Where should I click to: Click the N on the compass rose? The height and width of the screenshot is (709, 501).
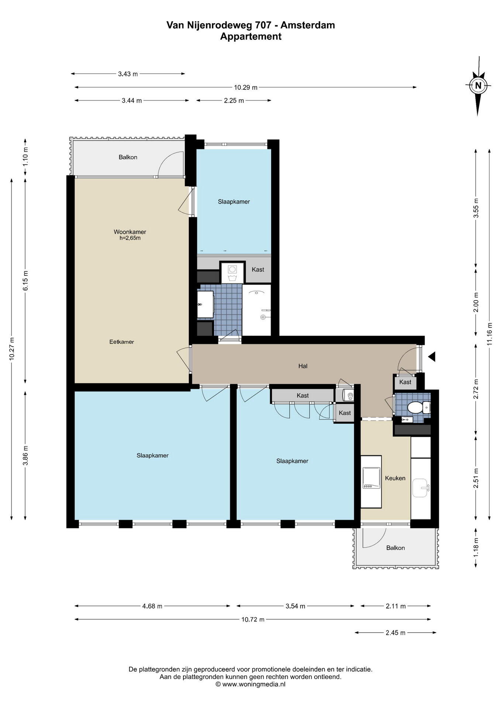(478, 85)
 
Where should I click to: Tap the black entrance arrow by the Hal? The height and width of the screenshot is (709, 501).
(432, 356)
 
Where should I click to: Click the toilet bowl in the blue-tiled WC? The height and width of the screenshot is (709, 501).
(415, 408)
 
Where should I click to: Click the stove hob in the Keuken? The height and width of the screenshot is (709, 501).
(371, 478)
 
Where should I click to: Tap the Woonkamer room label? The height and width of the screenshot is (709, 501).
(130, 232)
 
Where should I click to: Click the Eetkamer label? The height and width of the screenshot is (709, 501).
(122, 342)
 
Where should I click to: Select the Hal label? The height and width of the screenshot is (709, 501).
(303, 366)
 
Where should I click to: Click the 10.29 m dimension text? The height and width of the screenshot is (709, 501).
(246, 88)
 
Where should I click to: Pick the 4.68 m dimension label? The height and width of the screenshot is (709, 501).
(152, 606)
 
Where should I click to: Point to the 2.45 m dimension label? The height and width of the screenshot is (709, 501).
(395, 633)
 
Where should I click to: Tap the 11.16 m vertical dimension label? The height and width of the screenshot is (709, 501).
(490, 334)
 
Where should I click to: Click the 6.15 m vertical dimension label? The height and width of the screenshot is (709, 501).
(25, 281)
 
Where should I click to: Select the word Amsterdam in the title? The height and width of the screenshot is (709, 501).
(308, 25)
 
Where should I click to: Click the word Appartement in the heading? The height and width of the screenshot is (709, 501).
(251, 37)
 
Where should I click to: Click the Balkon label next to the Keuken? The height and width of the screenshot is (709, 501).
(395, 548)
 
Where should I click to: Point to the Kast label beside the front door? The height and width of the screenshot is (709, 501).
(405, 382)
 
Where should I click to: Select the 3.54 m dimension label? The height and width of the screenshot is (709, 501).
(295, 606)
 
